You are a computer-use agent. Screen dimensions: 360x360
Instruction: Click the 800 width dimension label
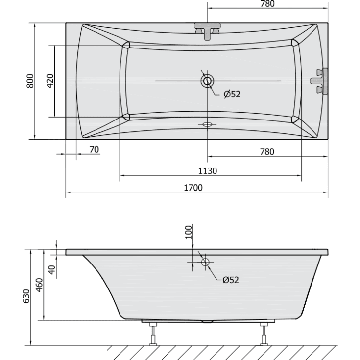30,81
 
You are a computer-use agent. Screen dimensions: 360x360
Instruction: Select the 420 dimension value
49,81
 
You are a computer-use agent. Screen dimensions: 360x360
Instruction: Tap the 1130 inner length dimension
208,171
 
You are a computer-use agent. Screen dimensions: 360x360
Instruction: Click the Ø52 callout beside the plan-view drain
232,94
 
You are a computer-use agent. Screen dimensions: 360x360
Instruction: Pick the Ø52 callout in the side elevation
230,280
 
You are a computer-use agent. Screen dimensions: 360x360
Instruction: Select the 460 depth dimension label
40,284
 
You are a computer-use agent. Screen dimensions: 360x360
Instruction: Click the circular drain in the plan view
207,81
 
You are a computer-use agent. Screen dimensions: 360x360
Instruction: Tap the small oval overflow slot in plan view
207,124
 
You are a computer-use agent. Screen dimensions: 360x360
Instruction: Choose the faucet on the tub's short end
320,80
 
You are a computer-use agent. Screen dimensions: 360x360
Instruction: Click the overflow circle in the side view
205,262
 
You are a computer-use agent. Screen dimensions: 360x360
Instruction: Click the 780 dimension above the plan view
267,4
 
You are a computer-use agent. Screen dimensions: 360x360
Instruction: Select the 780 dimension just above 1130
266,152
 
